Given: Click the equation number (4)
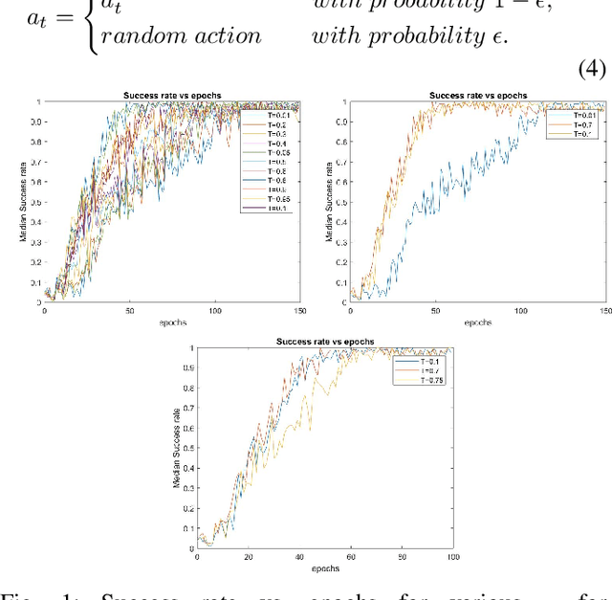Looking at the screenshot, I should [593, 70].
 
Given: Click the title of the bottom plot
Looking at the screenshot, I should [325, 342].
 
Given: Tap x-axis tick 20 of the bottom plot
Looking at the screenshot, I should [248, 558].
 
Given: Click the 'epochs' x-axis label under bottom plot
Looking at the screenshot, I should [324, 568].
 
